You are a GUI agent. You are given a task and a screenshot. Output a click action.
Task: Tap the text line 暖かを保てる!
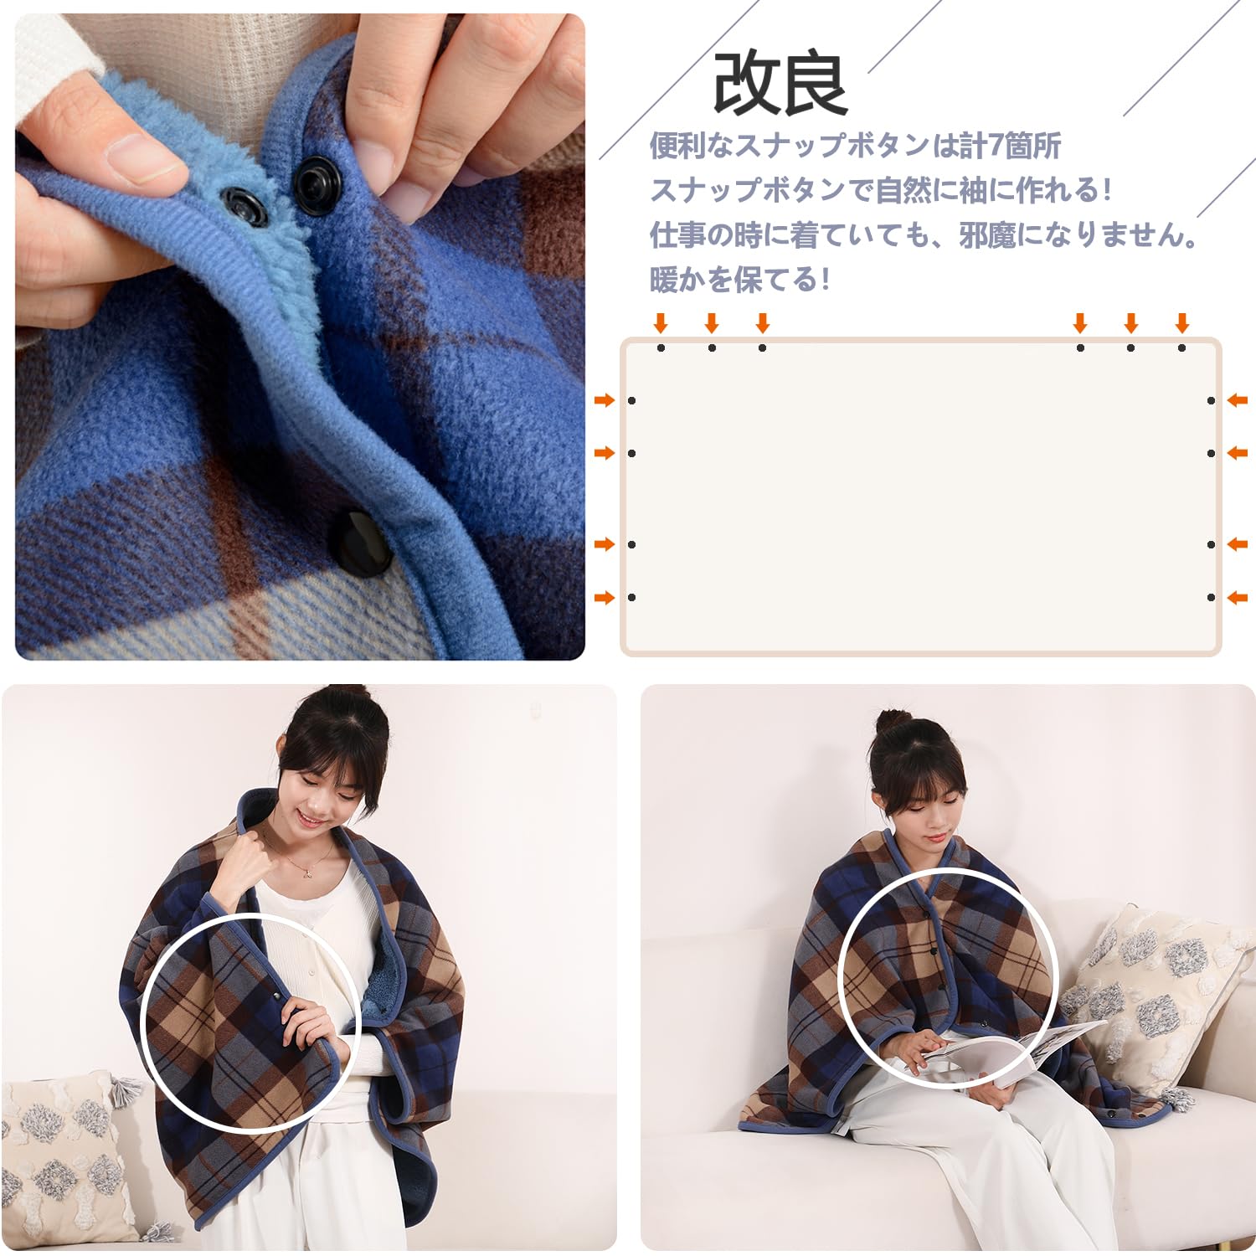click(740, 279)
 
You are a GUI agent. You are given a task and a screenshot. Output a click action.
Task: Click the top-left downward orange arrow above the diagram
click(661, 322)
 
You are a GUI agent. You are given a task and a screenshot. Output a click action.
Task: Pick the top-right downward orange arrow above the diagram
click(1181, 322)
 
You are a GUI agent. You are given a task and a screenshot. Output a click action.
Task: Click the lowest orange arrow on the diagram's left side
click(604, 597)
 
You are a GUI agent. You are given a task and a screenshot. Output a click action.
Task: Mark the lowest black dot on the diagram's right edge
click(1211, 597)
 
